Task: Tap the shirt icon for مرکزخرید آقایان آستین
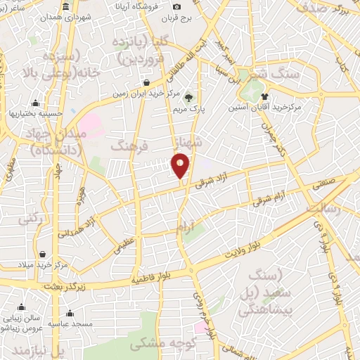pos(265,96)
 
